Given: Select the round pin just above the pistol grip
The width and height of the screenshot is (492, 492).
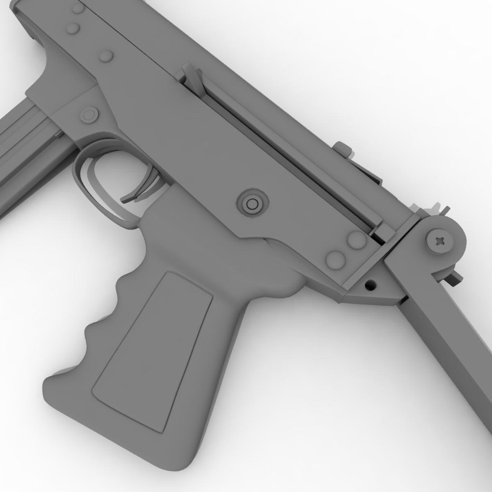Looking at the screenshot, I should click(x=251, y=203).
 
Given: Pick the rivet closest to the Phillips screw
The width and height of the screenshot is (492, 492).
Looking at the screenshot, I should click(x=357, y=239).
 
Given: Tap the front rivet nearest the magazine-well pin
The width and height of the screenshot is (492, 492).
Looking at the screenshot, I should click(x=106, y=56).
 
